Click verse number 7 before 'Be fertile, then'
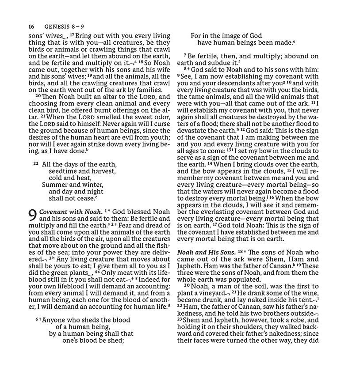(185, 56)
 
